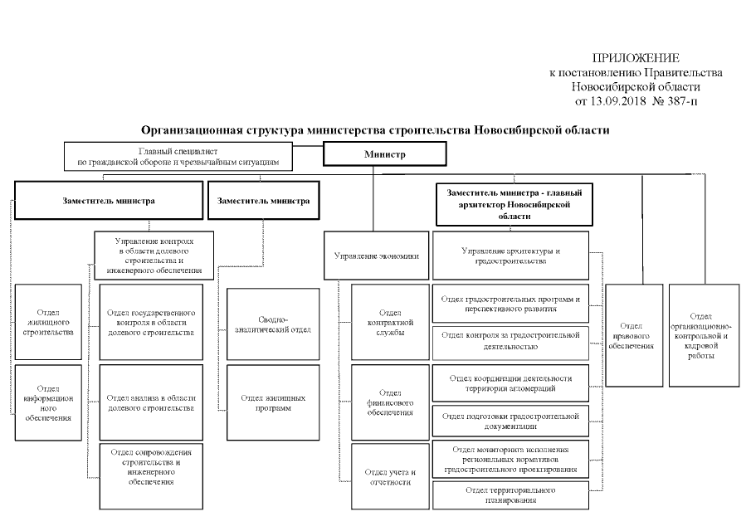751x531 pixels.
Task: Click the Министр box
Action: coord(384,155)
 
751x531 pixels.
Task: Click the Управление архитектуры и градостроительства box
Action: coord(510,256)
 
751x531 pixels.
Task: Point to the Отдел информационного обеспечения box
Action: coord(49,402)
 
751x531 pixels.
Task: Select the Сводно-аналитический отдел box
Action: coord(273,324)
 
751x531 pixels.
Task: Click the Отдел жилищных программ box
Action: coord(273,402)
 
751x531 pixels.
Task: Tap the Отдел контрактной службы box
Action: coord(390,321)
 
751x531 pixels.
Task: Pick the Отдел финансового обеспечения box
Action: coord(390,402)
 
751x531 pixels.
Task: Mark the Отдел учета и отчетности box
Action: coord(390,476)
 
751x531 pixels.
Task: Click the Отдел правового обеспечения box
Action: coord(634,335)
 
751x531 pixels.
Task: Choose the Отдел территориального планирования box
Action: coord(510,495)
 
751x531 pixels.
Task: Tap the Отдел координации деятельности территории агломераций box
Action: coord(510,382)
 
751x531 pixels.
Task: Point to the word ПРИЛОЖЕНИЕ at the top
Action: coord(636,58)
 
